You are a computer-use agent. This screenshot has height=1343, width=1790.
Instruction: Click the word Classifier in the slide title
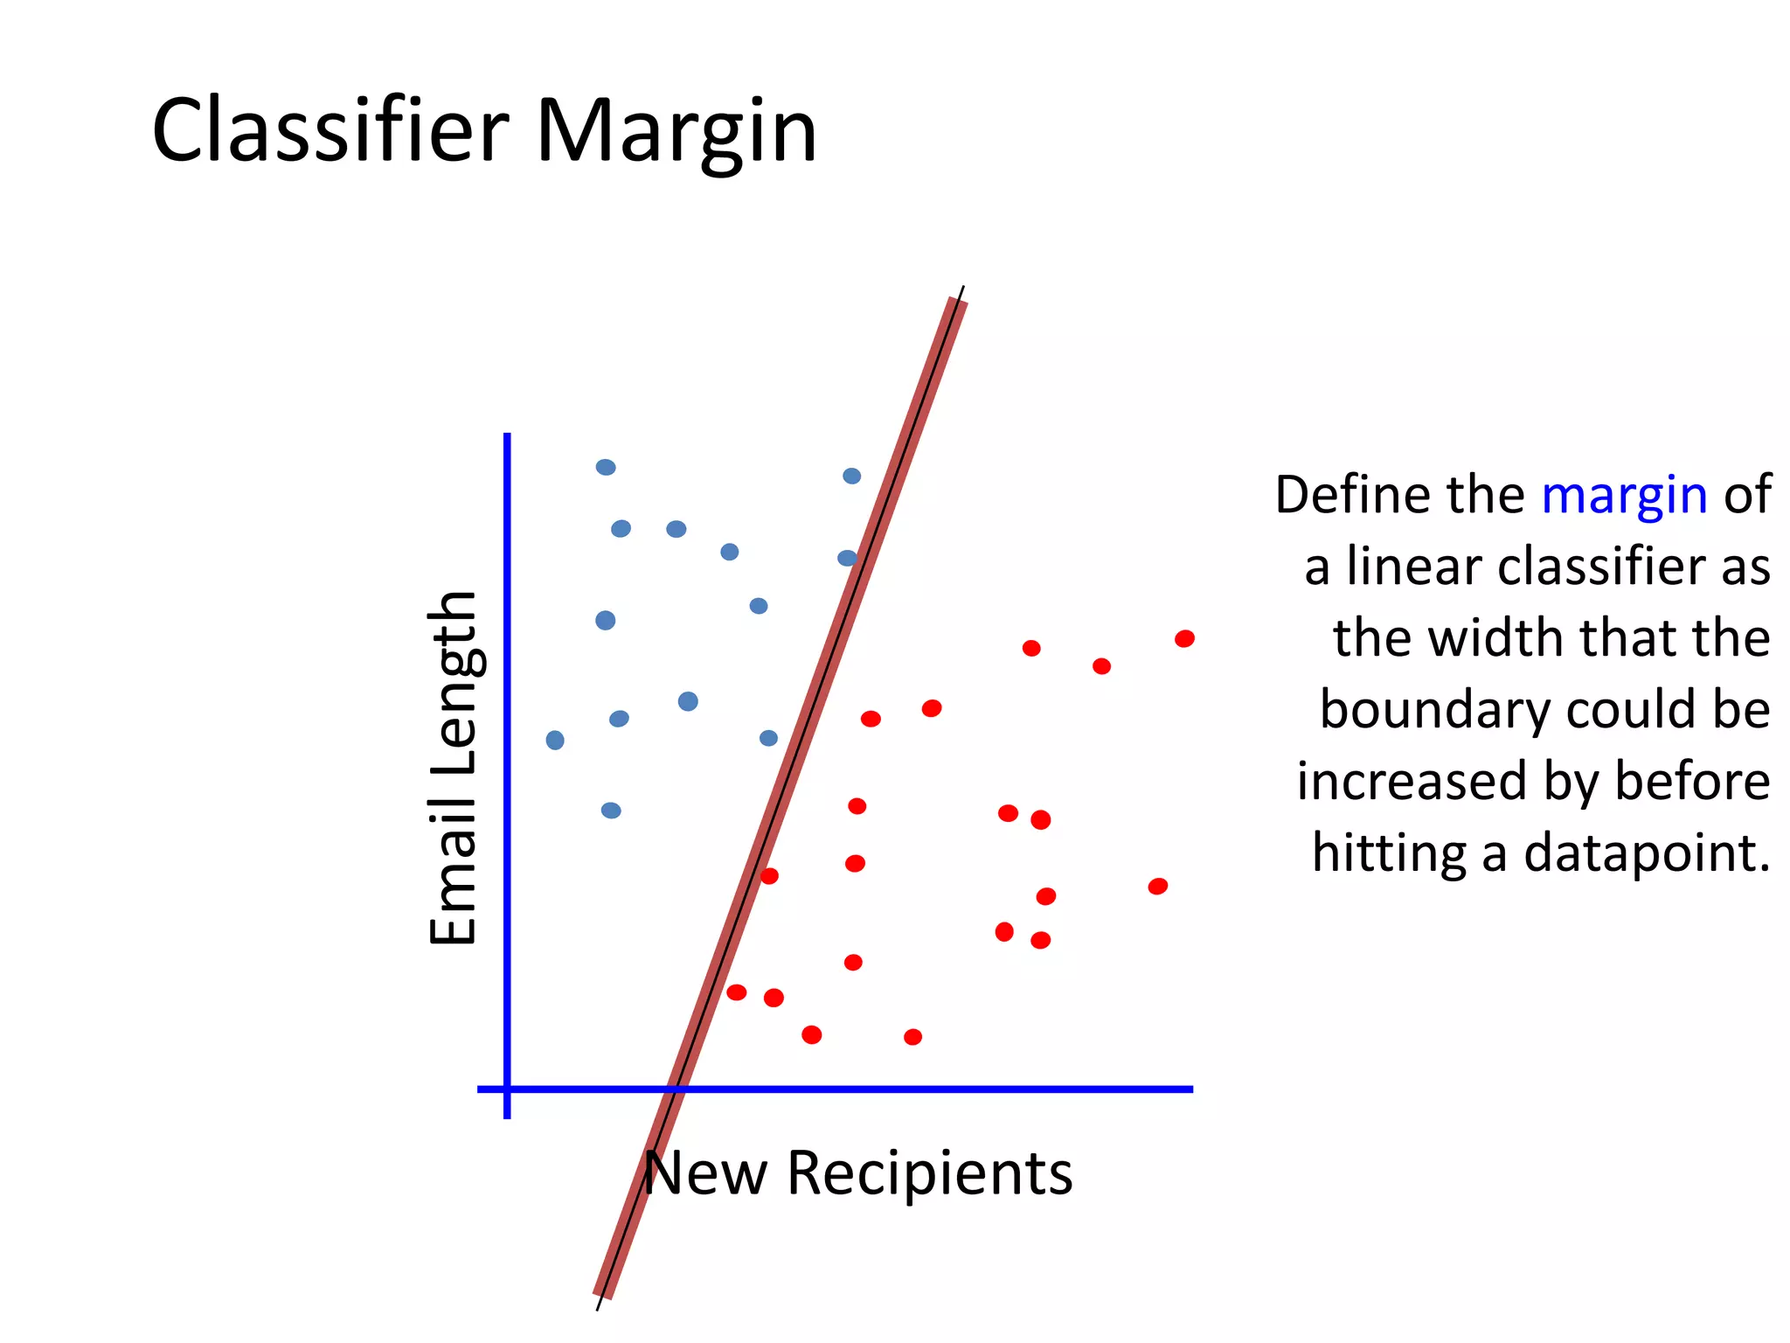click(x=330, y=131)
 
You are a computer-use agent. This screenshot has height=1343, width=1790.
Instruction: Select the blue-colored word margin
click(x=1624, y=495)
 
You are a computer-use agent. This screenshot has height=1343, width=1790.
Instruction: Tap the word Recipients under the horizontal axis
click(x=929, y=1173)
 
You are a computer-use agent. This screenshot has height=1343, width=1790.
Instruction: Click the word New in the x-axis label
click(x=705, y=1173)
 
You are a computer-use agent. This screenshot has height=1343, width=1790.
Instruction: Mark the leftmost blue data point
click(x=555, y=741)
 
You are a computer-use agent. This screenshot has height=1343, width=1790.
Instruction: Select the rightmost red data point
click(x=1184, y=639)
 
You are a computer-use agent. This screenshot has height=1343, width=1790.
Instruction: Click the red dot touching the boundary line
click(x=769, y=876)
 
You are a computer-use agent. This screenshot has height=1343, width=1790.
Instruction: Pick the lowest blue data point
click(x=611, y=811)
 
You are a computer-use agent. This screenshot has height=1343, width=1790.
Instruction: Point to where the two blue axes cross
click(x=508, y=1089)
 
